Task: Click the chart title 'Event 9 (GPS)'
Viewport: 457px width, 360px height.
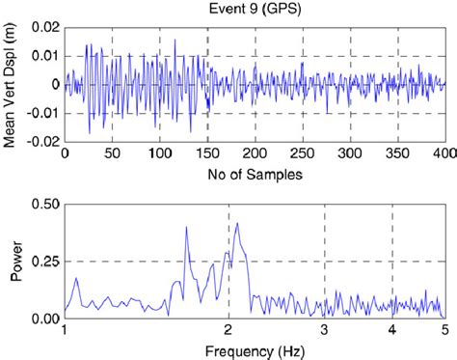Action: (x=255, y=10)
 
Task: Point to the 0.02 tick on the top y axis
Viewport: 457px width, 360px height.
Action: (x=44, y=28)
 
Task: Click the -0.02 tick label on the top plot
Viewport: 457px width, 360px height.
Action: (x=42, y=141)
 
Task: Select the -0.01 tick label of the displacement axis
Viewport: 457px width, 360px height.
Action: (x=42, y=113)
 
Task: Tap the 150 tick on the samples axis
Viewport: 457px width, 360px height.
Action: (x=207, y=153)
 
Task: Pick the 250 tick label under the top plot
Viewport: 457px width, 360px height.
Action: (x=303, y=153)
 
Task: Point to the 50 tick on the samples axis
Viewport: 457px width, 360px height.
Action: (x=113, y=153)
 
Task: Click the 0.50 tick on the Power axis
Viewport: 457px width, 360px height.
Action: (x=43, y=206)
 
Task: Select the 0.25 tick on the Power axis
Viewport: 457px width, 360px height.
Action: (x=43, y=262)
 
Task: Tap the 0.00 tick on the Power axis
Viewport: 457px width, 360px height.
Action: (x=43, y=318)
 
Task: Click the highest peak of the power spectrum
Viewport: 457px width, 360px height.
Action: (x=236, y=224)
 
